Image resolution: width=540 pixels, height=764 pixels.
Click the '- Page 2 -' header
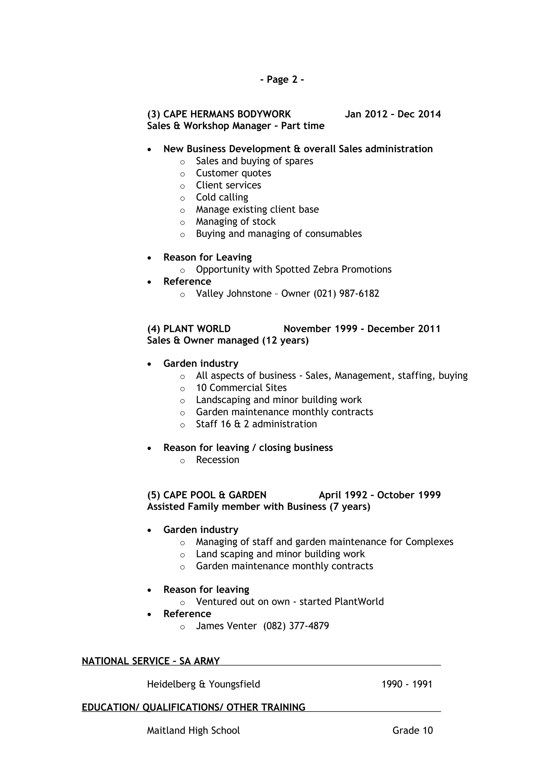coord(282,80)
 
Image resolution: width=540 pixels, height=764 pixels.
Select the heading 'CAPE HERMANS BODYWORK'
coord(227,114)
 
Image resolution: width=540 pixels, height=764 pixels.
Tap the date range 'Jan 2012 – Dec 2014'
coord(393,114)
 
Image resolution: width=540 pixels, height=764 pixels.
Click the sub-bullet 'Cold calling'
coord(222,197)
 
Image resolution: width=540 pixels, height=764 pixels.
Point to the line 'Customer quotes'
coord(233,173)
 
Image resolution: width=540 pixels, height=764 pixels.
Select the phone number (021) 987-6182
coord(346,293)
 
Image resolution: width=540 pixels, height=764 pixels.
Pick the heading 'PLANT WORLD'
coord(197,329)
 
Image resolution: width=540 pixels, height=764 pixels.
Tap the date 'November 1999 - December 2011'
coord(362,329)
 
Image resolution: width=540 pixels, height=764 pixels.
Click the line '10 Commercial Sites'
coord(241,388)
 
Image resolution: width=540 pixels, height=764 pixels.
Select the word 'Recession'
coord(218,460)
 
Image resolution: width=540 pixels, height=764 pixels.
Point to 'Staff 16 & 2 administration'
coord(256,424)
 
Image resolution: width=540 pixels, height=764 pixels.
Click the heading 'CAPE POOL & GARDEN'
coord(215,495)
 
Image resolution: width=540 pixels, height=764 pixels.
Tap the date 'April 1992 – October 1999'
coord(380,495)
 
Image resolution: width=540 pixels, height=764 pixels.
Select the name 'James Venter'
coord(226,626)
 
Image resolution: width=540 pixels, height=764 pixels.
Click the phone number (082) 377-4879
coord(296,626)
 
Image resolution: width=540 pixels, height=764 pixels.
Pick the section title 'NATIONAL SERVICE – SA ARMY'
coord(151,661)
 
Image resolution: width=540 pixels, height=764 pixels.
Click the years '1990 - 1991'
coord(407,684)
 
